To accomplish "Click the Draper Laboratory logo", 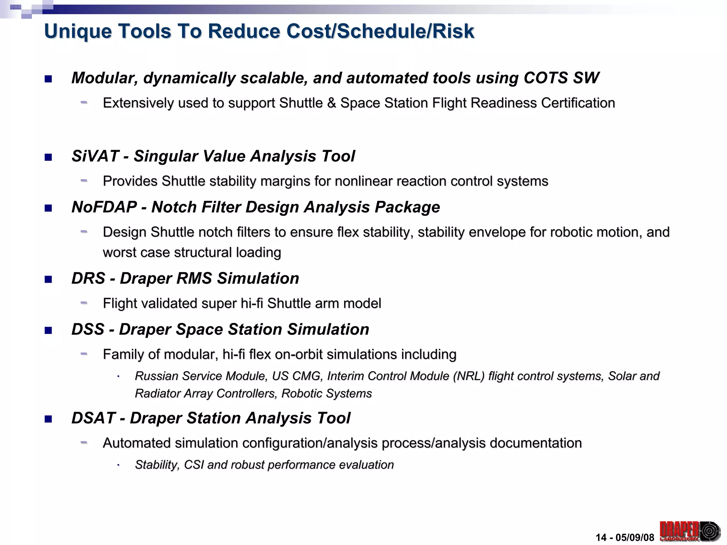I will click(x=689, y=531).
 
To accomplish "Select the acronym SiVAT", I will click(x=95, y=156).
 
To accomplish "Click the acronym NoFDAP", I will click(x=104, y=207).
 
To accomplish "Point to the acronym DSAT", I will click(x=93, y=418).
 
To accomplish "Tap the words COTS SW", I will click(x=561, y=78).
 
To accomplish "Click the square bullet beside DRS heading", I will click(x=48, y=279).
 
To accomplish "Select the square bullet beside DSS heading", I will click(x=48, y=330).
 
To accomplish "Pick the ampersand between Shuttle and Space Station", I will click(x=332, y=103).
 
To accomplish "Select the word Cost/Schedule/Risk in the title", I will click(x=380, y=31).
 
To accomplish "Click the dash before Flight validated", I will click(x=84, y=303).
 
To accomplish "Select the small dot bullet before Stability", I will click(x=118, y=465).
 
